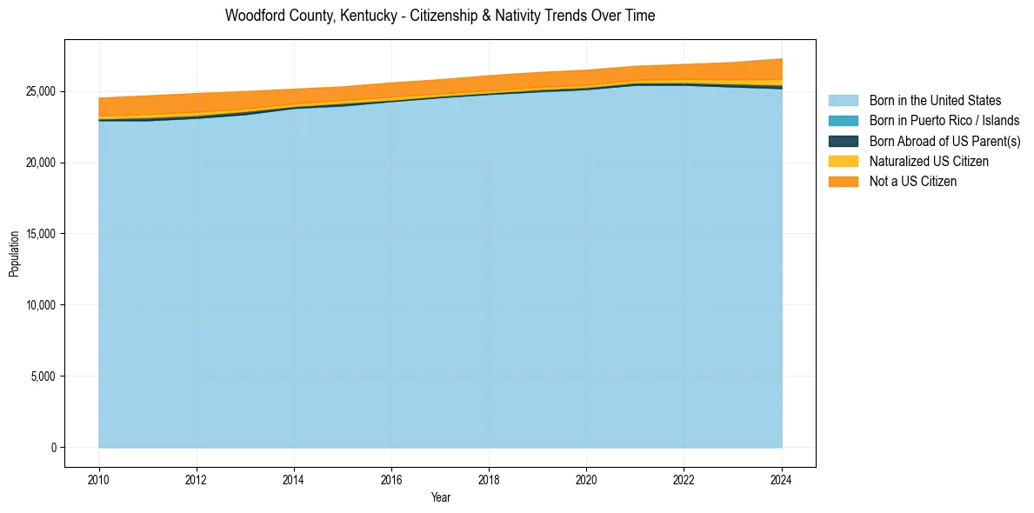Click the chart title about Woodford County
point(439,16)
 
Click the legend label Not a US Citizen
point(913,181)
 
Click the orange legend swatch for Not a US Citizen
point(843,181)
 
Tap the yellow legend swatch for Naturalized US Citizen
point(843,161)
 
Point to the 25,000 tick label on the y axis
point(42,91)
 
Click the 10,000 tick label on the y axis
point(42,305)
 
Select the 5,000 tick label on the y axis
point(44,376)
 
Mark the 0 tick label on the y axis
point(53,448)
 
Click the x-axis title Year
point(441,497)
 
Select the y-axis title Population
point(14,254)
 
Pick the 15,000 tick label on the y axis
point(42,234)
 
